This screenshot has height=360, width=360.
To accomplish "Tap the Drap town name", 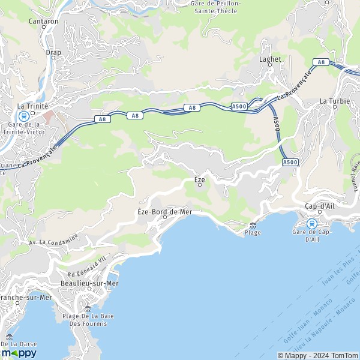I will tap(53, 52).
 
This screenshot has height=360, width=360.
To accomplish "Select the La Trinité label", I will tap(29, 106).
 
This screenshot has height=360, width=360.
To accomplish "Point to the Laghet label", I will tap(269, 59).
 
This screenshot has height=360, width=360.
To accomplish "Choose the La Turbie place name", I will tap(331, 101).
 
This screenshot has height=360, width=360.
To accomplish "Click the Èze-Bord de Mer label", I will tap(164, 212).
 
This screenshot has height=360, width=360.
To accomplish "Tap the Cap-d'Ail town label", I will tap(319, 206).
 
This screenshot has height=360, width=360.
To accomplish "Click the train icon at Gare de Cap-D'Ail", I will tap(311, 223).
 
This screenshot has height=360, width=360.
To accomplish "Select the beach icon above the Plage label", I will tap(253, 225).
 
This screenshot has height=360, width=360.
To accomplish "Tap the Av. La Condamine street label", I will tap(54, 239).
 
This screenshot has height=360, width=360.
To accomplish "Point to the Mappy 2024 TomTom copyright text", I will tap(317, 354).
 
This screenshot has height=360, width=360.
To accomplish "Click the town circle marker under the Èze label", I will tap(200, 185).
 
